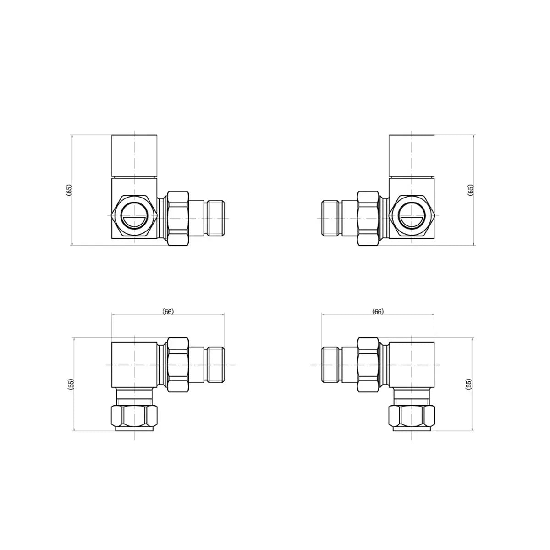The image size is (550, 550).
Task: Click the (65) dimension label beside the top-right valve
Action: click(x=470, y=190)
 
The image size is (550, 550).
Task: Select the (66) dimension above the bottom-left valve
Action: click(x=168, y=312)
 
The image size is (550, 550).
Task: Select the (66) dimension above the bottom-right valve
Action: click(x=378, y=312)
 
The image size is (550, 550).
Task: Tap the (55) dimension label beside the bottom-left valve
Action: click(x=70, y=384)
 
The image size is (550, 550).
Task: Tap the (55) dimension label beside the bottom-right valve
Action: click(x=468, y=384)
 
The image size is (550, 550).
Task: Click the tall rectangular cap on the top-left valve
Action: click(x=134, y=156)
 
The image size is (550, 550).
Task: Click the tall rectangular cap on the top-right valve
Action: click(x=412, y=156)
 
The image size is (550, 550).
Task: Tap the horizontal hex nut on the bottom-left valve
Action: click(x=178, y=365)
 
